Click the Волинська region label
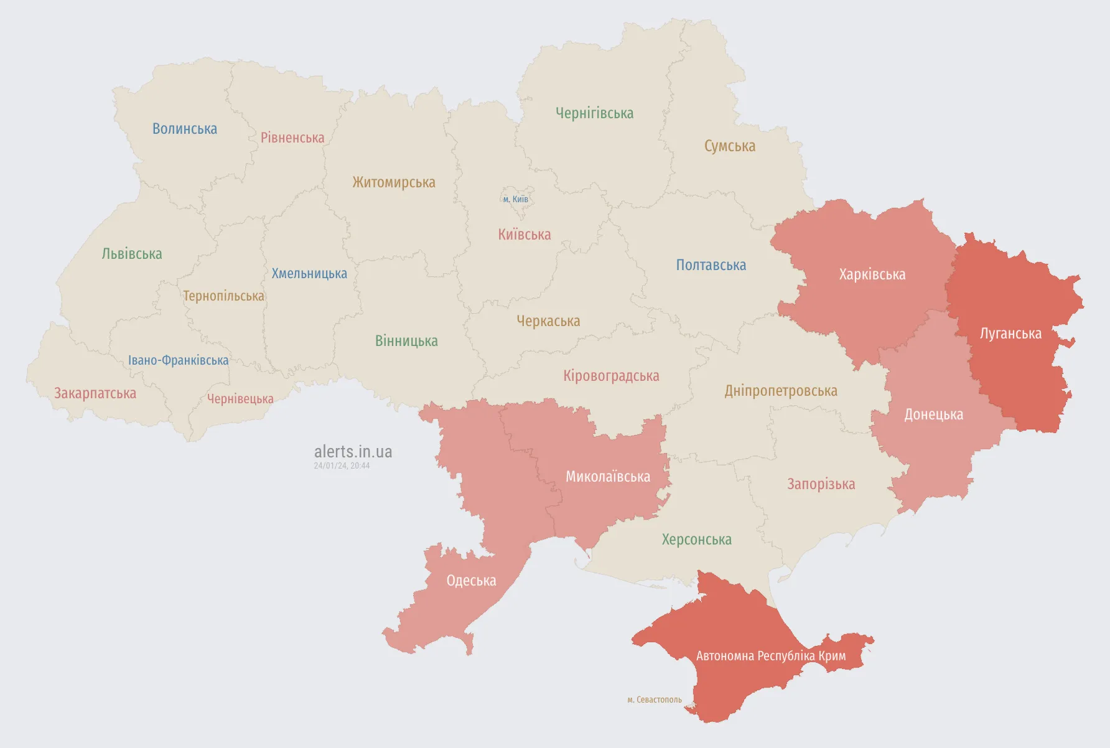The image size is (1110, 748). tap(185, 129)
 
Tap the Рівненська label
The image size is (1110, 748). tap(292, 138)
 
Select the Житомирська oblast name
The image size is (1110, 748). tap(394, 182)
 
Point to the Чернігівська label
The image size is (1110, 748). tap(594, 113)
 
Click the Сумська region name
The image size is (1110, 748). tap(730, 146)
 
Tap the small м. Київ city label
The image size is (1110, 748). tap(516, 199)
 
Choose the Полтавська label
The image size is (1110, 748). tap(711, 265)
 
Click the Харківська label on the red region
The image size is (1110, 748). tap(872, 274)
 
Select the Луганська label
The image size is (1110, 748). tap(1010, 334)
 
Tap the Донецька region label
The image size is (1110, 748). tap(933, 414)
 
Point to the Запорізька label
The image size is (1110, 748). tap(821, 484)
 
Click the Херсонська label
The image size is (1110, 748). tap(696, 540)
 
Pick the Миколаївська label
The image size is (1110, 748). tap(607, 477)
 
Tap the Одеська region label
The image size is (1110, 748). tap(471, 581)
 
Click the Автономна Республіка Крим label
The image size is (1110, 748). tap(771, 656)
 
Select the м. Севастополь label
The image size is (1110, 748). tap(655, 699)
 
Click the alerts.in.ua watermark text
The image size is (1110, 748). tap(353, 452)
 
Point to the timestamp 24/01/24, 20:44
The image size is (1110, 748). tap(342, 465)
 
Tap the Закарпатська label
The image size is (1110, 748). tap(95, 393)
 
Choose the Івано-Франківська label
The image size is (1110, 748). tap(178, 360)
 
